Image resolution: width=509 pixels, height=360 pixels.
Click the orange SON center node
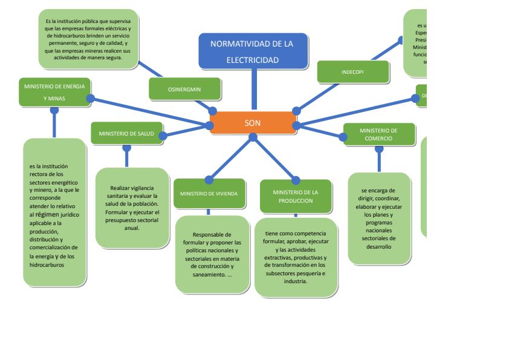coord(252,123)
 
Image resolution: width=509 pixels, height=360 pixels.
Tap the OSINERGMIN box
coord(184,90)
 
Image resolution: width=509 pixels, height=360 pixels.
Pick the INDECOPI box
coord(352,72)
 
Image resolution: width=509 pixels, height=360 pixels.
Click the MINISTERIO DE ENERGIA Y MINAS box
coord(55,92)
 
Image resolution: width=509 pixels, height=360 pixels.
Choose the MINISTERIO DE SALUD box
coord(127,133)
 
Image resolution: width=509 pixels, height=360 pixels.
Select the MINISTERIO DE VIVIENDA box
coord(209,194)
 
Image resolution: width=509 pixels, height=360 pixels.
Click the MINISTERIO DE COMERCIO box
coord(379,134)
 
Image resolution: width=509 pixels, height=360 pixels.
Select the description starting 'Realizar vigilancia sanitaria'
coord(132,208)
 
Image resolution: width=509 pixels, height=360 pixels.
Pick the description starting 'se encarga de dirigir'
coord(379,218)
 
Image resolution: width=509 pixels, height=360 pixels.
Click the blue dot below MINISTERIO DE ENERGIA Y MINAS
coord(54,111)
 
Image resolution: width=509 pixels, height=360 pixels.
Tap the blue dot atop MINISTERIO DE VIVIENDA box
coord(209,179)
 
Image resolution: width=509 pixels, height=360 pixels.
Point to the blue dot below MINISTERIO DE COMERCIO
coord(379,149)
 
